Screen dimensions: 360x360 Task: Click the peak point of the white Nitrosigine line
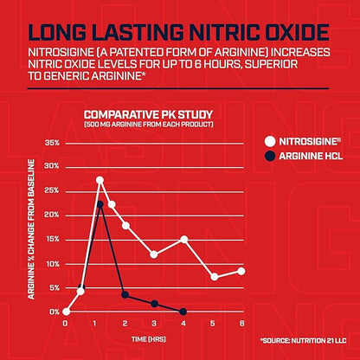tap(100, 180)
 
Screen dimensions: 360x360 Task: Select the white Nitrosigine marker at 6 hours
tap(241, 271)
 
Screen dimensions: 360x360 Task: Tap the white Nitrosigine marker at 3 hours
tap(153, 254)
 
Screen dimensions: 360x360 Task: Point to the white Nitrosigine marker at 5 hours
tap(214, 277)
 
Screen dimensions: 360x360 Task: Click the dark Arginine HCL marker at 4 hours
tap(183, 312)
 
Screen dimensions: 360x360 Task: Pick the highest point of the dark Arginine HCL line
tap(100, 204)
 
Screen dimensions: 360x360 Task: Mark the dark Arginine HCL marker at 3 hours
tap(154, 304)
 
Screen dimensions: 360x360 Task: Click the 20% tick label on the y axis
tap(51, 215)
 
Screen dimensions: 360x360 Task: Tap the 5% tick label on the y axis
tap(53, 287)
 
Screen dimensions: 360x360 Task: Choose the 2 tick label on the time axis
tap(125, 324)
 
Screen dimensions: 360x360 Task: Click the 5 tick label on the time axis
tap(213, 324)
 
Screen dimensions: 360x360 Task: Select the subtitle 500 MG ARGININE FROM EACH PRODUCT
tap(148, 125)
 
